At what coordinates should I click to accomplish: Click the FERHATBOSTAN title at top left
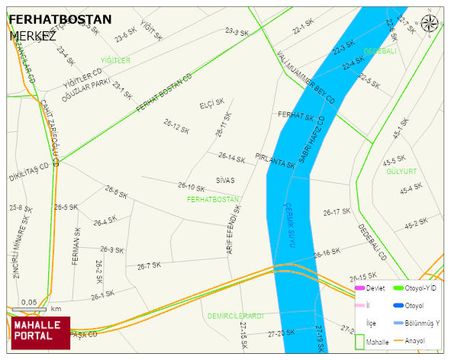(60, 19)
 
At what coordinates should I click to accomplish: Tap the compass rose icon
(430, 23)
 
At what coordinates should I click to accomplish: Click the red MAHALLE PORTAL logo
(40, 332)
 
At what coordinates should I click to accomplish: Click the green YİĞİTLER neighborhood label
(115, 60)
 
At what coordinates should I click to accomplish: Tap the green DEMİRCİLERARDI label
(235, 315)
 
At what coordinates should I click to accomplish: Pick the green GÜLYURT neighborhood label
(401, 172)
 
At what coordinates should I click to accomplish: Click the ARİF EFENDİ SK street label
(234, 230)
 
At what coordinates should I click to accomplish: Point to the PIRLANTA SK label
(275, 163)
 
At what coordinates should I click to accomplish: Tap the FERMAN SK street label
(76, 246)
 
